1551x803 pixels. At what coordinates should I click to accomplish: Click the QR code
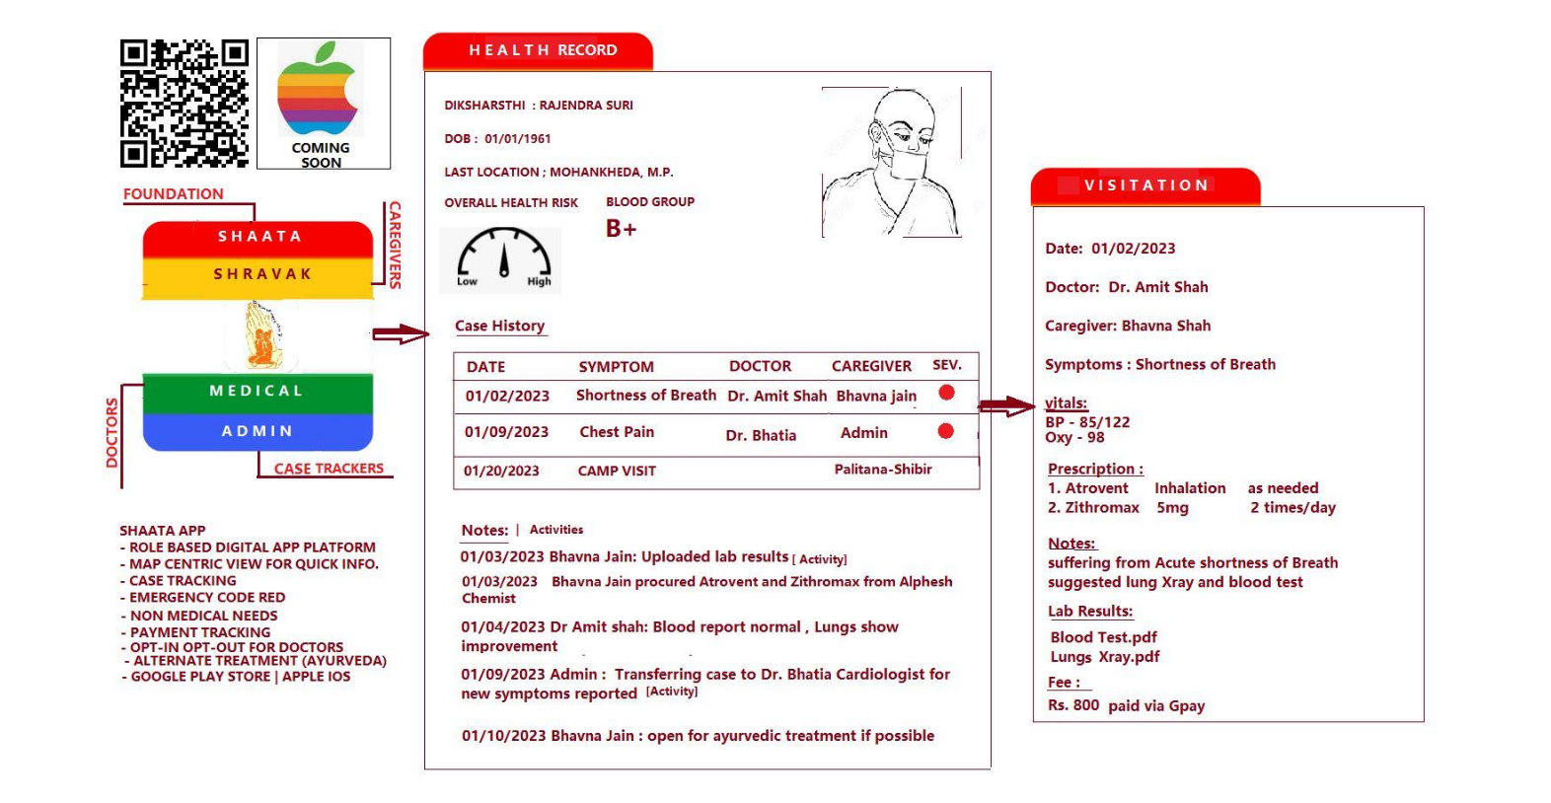184,104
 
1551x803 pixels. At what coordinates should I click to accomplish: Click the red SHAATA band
258,237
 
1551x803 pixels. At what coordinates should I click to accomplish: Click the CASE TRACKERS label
329,469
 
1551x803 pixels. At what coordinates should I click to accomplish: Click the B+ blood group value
621,229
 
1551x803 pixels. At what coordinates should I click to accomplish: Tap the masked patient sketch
892,163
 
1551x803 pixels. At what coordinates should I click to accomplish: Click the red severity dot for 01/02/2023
946,393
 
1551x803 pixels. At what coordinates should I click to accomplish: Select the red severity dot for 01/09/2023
945,431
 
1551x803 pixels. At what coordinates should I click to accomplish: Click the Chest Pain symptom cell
617,432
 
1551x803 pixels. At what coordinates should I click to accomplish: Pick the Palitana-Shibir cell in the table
883,470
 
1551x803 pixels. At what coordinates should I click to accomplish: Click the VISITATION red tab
1145,185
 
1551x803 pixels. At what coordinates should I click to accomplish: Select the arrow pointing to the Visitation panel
1006,404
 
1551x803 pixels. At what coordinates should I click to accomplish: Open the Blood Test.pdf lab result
1103,637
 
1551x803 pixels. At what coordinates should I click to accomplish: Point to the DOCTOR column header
760,366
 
